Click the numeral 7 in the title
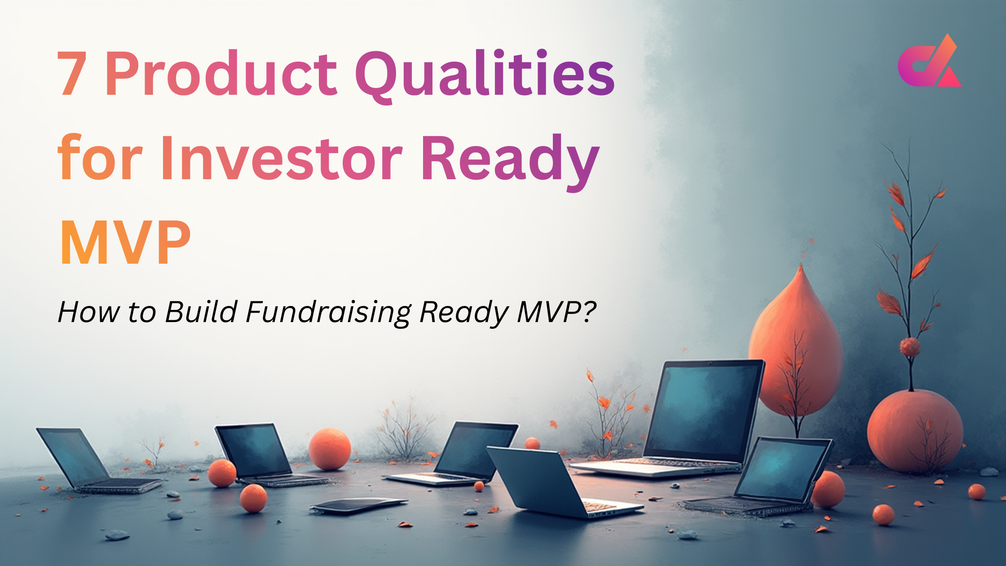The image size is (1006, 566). point(72,74)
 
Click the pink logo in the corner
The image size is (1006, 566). point(929,63)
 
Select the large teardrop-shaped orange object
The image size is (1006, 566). point(796,341)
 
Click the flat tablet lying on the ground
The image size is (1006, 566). point(358,505)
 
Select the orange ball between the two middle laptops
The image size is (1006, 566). point(329,449)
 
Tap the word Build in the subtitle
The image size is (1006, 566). point(201,311)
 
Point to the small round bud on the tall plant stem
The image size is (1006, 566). point(910,347)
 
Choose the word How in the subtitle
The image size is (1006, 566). point(88,311)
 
